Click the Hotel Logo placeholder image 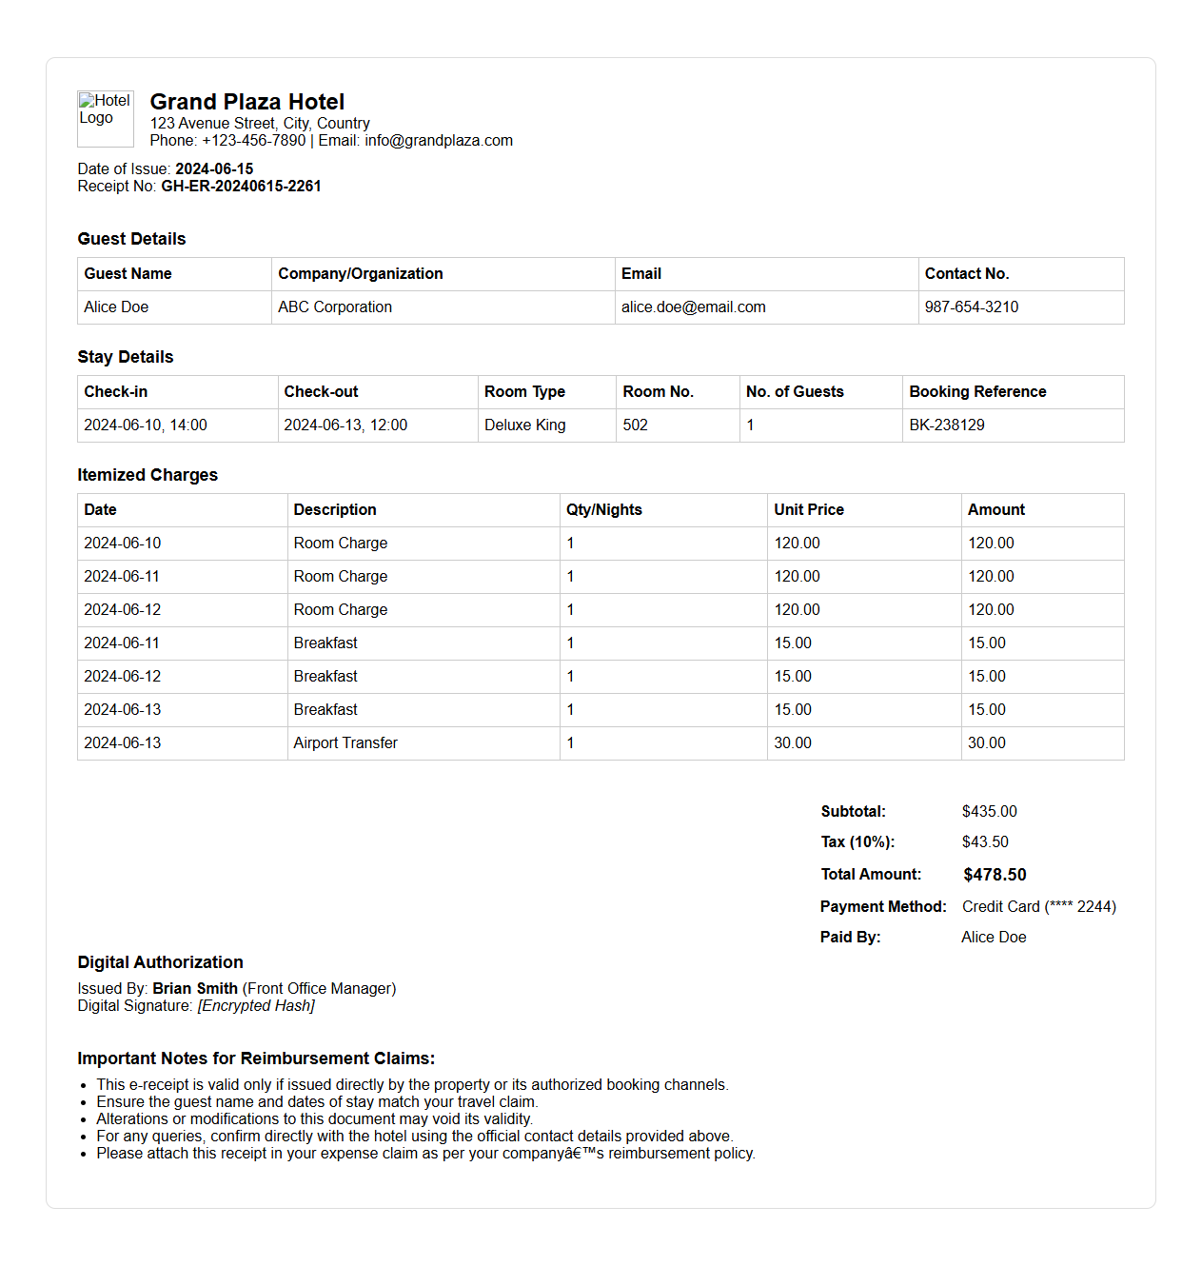105,118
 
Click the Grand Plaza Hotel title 247,102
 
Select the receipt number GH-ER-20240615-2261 241,187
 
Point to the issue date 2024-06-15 214,169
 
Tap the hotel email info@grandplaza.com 439,141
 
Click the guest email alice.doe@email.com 693,307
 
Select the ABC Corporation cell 335,307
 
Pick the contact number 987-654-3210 971,307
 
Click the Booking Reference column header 977,392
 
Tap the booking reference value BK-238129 946,425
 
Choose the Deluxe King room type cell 524,425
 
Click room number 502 635,425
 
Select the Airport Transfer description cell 345,743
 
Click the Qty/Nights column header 603,510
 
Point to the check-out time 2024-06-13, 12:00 345,425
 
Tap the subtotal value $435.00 989,812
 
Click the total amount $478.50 995,875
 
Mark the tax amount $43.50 985,842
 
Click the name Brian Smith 195,989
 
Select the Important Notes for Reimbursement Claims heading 256,1058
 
